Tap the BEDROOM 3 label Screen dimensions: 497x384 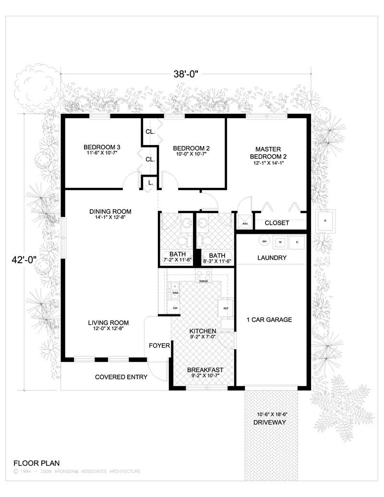tap(101, 147)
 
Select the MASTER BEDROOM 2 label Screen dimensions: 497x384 tap(268, 153)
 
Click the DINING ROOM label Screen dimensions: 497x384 tap(110, 211)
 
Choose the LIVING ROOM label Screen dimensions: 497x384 tap(108, 323)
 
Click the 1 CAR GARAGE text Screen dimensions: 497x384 tap(269, 320)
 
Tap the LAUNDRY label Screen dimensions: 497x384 tap(272, 258)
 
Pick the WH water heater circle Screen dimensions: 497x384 tap(264, 241)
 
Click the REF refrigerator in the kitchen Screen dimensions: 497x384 tap(224, 308)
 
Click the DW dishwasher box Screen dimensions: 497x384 tap(175, 308)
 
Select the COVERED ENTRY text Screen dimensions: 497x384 tap(120, 377)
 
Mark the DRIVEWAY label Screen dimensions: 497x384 tap(269, 423)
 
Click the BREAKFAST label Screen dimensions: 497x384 tap(205, 369)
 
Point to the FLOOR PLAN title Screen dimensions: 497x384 tap(36, 463)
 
